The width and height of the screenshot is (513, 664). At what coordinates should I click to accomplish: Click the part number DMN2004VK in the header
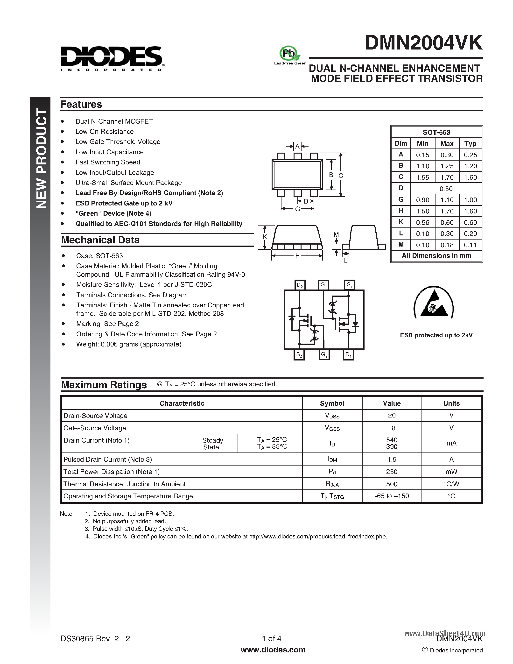(x=423, y=43)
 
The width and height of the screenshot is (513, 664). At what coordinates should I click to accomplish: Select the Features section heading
(x=81, y=104)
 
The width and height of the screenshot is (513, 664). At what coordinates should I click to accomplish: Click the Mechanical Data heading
(x=100, y=240)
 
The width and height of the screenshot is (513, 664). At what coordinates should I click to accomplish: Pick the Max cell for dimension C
(x=447, y=177)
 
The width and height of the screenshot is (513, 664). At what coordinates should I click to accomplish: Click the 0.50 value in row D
(x=446, y=189)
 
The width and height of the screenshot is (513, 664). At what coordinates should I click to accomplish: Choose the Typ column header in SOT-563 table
(x=470, y=143)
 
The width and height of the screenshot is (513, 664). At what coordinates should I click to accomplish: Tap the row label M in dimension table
(x=401, y=244)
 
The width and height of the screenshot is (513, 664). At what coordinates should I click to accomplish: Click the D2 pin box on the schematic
(x=300, y=285)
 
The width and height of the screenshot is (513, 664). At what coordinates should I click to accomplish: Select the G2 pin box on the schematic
(x=324, y=355)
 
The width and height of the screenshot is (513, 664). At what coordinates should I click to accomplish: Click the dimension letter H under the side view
(x=297, y=256)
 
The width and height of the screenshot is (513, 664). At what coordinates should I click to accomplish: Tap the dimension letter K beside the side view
(x=265, y=237)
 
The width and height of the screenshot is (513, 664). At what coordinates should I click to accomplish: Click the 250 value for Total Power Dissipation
(x=391, y=472)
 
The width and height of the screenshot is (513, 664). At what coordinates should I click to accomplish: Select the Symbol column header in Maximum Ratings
(x=332, y=403)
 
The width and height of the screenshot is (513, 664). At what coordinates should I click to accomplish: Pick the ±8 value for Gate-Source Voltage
(x=391, y=428)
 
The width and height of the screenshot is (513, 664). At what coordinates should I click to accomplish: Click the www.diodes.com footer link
(x=273, y=650)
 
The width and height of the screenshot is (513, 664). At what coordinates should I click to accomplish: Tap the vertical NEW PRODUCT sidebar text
(x=41, y=158)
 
